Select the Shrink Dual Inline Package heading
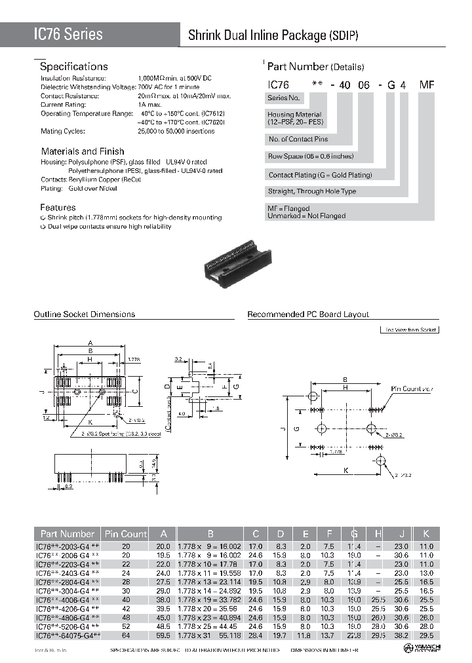[x=273, y=36]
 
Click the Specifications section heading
[x=73, y=67]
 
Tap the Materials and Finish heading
[x=82, y=151]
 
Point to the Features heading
[x=58, y=207]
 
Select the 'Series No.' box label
[x=284, y=98]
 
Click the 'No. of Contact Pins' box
[x=298, y=140]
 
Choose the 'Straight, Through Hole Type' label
[x=312, y=191]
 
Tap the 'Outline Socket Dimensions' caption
[x=84, y=314]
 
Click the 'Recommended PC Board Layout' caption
[x=307, y=314]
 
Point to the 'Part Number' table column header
[x=68, y=534]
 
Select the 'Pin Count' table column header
[x=125, y=534]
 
